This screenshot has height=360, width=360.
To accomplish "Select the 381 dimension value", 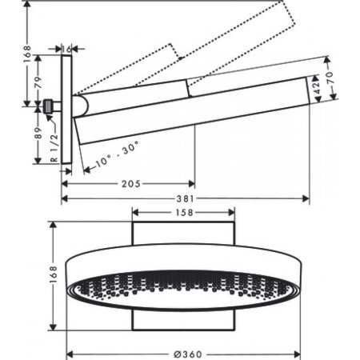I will pyautogui.click(x=186, y=200).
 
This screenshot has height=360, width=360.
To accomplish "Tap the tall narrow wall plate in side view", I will pyautogui.click(x=68, y=112).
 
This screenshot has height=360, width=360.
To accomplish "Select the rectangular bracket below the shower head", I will pyautogui.click(x=182, y=319).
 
